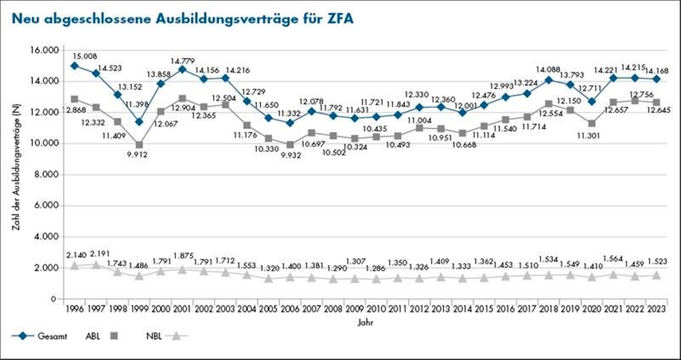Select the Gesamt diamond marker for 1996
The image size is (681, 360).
75,66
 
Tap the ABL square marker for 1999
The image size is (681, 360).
139,145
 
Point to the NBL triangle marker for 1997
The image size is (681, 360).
96,265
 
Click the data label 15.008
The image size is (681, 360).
85,56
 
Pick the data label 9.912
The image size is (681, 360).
138,155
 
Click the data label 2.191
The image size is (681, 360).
100,254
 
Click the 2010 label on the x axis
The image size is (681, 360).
376,309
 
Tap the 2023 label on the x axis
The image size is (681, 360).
656,309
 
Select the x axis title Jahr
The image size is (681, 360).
365,323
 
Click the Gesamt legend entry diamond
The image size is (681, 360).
23,336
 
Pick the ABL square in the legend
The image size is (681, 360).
114,336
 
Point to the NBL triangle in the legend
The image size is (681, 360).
176,336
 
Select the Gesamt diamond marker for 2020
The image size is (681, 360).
592,102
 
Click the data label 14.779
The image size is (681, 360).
182,61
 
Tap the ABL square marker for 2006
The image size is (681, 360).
290,145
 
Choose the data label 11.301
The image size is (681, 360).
588,135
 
